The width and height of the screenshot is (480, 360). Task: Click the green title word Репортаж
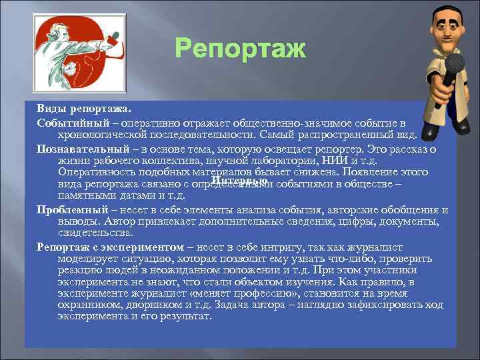(x=239, y=49)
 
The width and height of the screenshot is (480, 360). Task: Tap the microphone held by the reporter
(x=455, y=67)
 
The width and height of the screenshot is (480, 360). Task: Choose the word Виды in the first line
(x=50, y=108)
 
